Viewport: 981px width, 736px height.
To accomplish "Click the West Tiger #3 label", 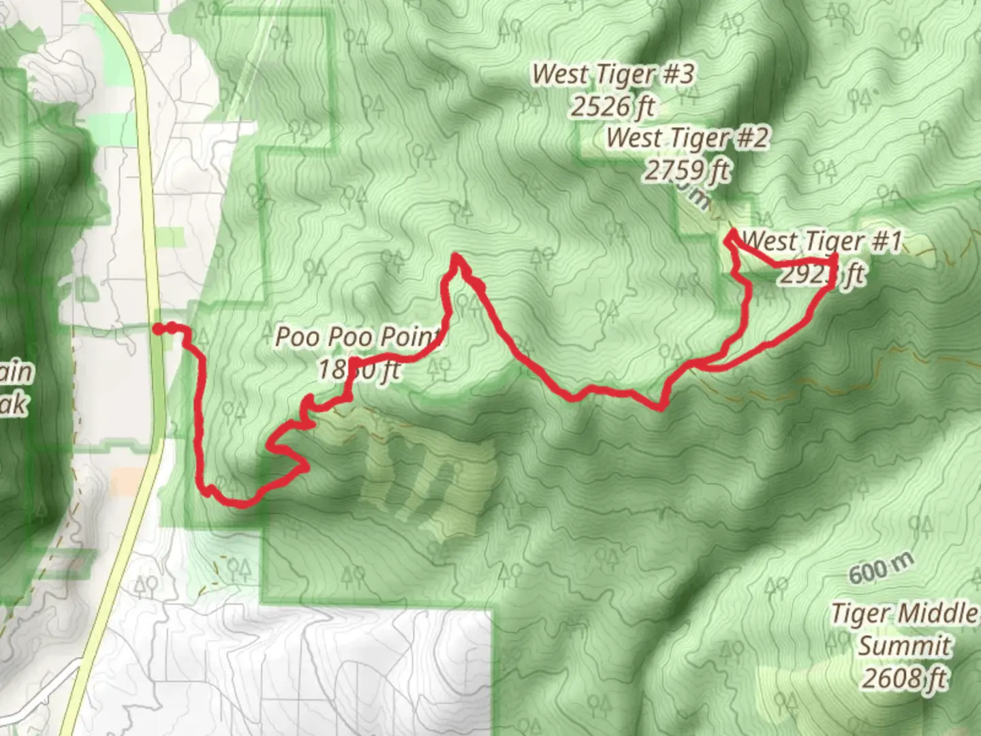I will [612, 74].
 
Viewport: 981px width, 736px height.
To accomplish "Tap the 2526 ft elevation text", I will [612, 106].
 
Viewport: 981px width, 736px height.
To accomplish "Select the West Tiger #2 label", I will [687, 138].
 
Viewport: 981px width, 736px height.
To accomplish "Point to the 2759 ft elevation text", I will [687, 170].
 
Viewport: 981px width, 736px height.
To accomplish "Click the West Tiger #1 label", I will [821, 241].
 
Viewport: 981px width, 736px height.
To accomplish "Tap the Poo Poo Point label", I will [357, 337].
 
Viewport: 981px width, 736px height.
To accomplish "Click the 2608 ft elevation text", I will [904, 678].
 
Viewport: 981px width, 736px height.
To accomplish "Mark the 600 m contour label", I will [881, 568].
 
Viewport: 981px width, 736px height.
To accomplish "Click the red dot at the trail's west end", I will [157, 329].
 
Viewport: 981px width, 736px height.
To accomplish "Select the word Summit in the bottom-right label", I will [904, 645].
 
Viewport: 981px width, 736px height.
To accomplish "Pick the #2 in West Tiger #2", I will [751, 138].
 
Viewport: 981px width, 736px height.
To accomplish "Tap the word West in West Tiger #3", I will [560, 74].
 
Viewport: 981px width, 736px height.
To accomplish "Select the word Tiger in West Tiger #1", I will [835, 241].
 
